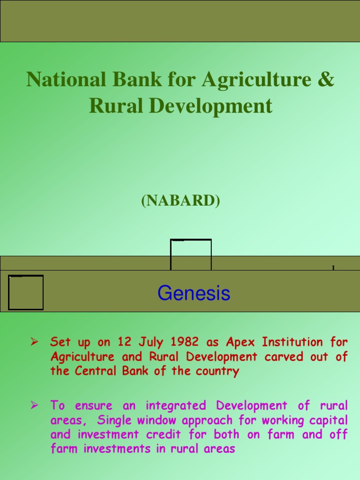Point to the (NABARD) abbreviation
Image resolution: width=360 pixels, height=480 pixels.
coord(180,201)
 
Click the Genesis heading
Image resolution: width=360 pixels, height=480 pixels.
coord(194,294)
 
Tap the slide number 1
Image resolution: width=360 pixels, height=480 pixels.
coord(333,268)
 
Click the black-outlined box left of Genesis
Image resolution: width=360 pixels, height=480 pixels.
coord(26,292)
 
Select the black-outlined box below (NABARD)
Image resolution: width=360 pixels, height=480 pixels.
coord(191,255)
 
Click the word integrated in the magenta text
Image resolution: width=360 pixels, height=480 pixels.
coord(176,405)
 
